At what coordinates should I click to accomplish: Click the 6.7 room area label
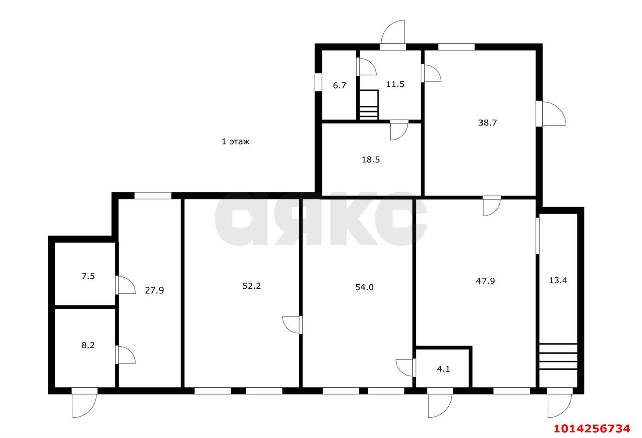pos(339,85)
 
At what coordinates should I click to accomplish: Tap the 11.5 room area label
pos(395,84)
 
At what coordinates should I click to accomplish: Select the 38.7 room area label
pos(487,123)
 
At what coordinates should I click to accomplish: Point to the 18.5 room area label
pos(371,159)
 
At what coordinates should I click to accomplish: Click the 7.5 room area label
pos(88,276)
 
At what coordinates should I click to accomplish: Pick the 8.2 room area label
pos(88,345)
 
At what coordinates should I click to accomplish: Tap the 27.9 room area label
pos(154,290)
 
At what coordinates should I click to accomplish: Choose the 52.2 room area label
pos(252,286)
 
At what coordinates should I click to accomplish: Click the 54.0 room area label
pos(364,287)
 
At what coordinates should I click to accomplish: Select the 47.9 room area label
pos(485,281)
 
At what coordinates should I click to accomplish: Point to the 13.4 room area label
pos(558,280)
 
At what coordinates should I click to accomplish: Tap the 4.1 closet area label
pos(443,369)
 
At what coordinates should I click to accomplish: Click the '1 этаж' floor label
pos(236,141)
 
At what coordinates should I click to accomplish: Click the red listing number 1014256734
pos(592,429)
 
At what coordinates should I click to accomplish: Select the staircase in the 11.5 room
pos(369,105)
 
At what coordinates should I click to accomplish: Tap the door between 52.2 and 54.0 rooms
pos(292,325)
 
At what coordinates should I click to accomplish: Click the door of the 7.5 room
pos(125,285)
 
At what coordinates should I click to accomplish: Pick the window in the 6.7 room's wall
pos(318,82)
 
